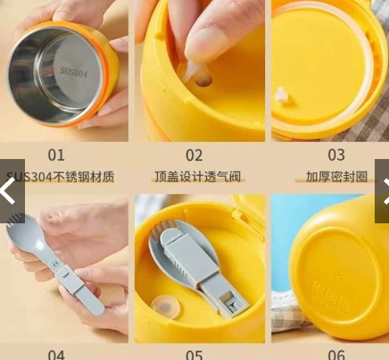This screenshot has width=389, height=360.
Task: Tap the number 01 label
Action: point(56,155)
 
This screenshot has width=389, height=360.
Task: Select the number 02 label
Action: point(194,155)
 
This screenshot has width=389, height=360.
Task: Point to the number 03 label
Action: point(335,155)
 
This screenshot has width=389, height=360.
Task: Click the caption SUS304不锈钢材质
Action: point(61,177)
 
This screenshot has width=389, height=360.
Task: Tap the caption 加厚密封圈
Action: point(336,177)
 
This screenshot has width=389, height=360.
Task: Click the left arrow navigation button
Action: point(10,191)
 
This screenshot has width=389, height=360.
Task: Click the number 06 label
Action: point(335,354)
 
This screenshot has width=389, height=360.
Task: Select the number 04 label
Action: point(56,354)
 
